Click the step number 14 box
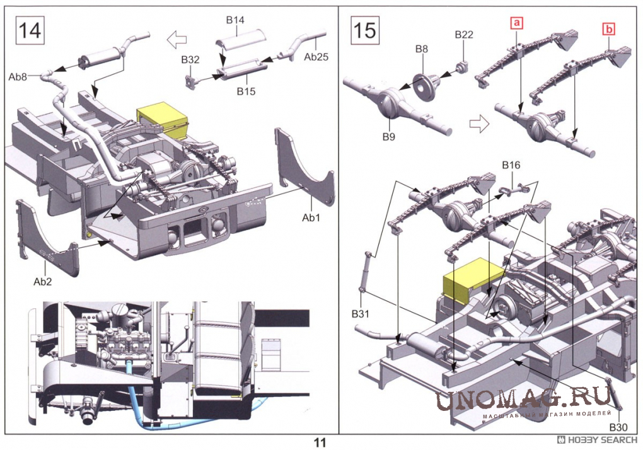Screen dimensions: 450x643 30,30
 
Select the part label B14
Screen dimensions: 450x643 235,20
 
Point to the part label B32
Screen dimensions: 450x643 190,59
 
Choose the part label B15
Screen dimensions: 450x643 246,91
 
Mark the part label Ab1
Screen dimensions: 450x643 311,217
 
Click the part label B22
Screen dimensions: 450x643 464,34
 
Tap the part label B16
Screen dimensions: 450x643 511,165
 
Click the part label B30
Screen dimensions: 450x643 618,427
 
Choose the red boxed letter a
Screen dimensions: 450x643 516,24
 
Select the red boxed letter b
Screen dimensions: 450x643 608,28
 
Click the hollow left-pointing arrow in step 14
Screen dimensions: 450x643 177,40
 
